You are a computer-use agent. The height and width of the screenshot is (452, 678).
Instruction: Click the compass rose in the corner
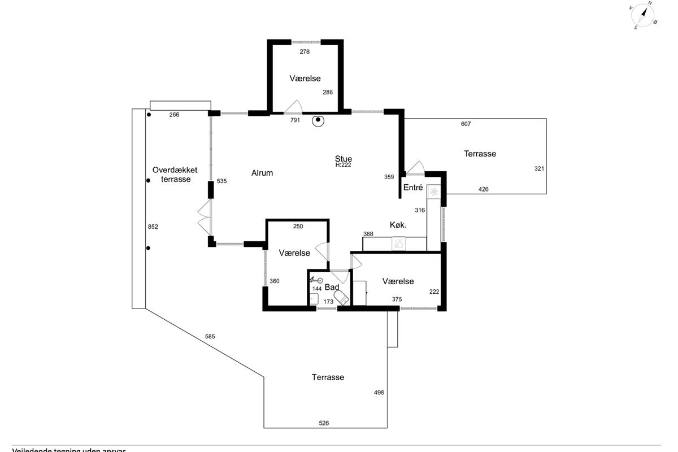(x=642, y=15)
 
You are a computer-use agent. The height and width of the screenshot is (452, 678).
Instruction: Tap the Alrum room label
(x=262, y=173)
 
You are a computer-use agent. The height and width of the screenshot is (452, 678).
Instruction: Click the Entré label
(x=413, y=187)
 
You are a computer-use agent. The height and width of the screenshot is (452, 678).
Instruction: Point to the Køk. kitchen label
(x=398, y=225)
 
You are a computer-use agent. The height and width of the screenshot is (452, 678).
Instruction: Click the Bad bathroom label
(x=332, y=287)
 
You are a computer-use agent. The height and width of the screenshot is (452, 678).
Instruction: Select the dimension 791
(x=295, y=120)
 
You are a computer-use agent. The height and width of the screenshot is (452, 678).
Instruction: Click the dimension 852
(x=153, y=227)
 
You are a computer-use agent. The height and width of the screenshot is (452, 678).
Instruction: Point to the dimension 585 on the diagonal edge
(x=210, y=337)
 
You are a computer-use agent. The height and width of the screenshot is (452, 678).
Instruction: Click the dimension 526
(x=324, y=423)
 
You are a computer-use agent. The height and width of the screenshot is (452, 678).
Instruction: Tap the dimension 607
(x=466, y=124)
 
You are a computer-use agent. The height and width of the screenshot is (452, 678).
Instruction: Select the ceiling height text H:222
(x=344, y=165)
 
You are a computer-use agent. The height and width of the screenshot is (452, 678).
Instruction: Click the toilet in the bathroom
(x=341, y=297)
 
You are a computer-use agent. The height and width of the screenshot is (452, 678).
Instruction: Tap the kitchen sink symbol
(x=399, y=244)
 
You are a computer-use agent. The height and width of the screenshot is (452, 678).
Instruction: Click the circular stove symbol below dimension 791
(x=319, y=120)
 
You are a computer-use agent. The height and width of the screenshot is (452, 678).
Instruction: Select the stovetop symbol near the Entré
(x=434, y=192)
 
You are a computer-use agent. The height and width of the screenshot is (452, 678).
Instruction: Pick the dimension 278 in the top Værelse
(x=305, y=51)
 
